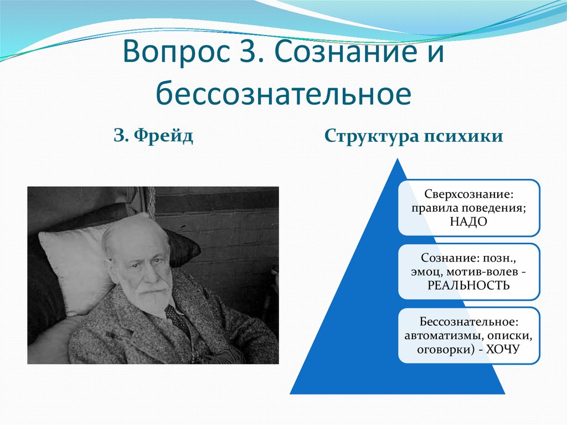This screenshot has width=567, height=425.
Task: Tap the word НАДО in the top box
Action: (468, 222)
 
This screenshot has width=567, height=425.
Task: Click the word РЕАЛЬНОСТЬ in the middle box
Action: (468, 285)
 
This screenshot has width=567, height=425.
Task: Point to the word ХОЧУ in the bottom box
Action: (503, 349)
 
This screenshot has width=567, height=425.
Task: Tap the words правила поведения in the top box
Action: (468, 208)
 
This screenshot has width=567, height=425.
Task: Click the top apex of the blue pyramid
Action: (398, 158)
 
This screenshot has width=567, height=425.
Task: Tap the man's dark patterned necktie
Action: (177, 319)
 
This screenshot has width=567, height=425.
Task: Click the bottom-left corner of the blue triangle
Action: (290, 394)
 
